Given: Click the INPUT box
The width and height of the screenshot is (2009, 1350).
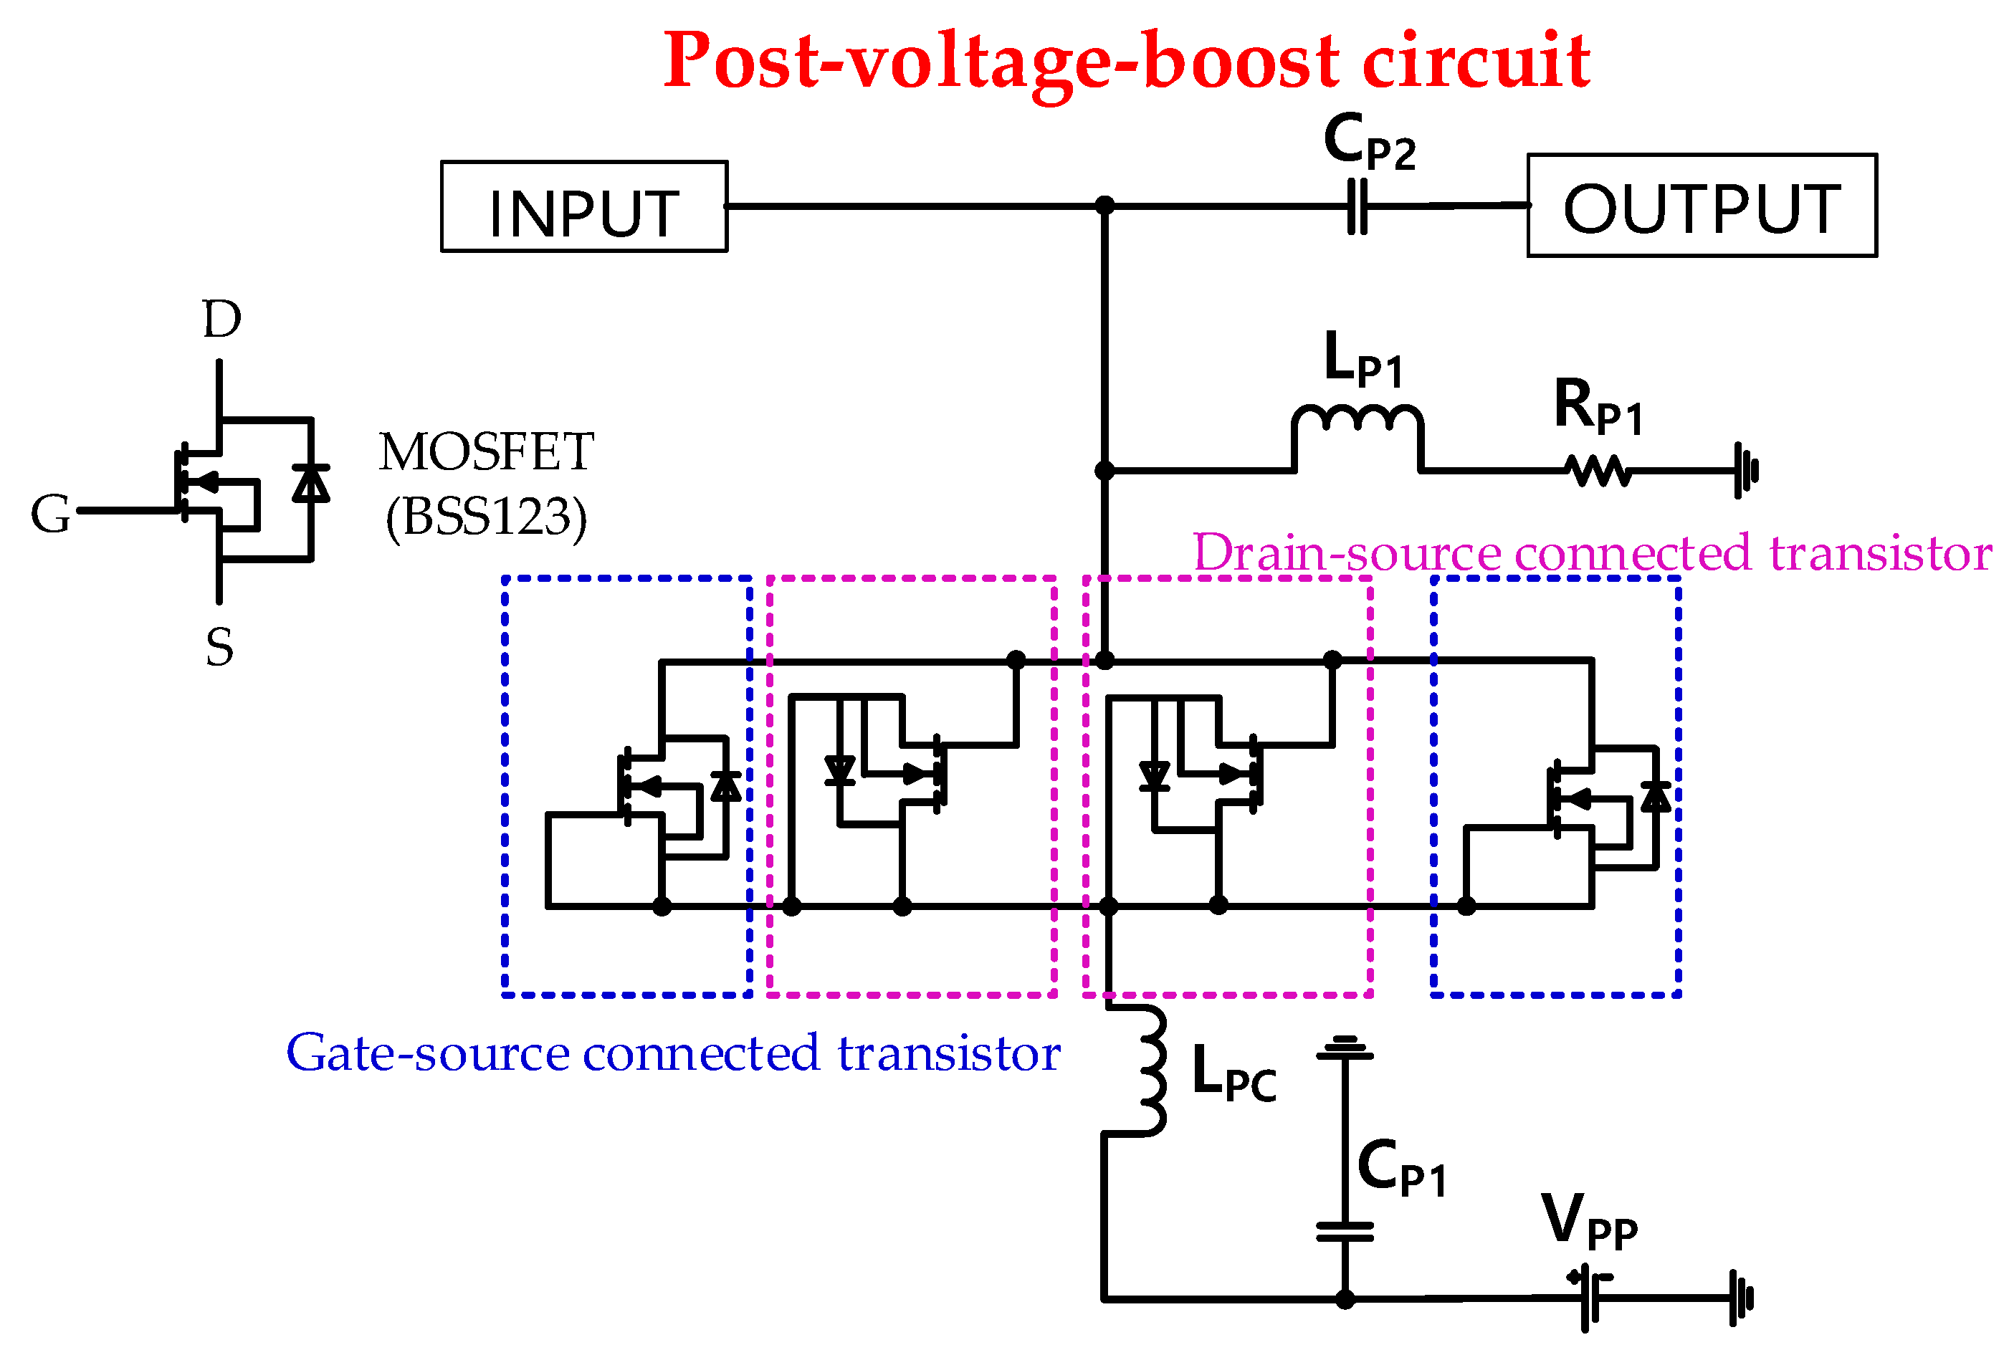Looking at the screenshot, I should (584, 206).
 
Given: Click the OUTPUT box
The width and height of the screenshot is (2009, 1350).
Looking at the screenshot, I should (1702, 206).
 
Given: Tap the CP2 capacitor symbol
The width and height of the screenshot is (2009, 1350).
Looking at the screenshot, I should (1357, 206).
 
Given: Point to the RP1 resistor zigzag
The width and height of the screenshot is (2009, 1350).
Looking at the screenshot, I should (1598, 471).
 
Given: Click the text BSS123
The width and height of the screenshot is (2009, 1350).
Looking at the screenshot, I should (487, 517).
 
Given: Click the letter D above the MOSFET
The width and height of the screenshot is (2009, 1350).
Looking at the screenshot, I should (221, 320).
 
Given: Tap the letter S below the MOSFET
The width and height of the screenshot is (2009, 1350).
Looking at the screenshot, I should (219, 648).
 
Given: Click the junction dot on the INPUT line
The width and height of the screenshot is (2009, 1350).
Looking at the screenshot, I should (1104, 206).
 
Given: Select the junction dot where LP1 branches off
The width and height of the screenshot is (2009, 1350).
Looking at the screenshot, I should (1104, 471).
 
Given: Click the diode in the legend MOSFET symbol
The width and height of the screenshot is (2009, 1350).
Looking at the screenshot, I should (311, 484).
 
